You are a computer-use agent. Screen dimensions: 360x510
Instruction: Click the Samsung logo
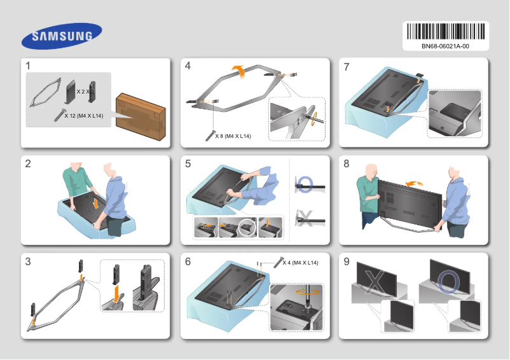(x=62, y=36)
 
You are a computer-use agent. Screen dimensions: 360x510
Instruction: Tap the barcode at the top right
(x=445, y=32)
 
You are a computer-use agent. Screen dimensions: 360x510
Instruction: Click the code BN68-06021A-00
(x=445, y=46)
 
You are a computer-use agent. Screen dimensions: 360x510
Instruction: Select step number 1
(x=28, y=66)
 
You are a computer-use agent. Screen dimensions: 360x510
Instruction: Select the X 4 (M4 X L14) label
(x=300, y=263)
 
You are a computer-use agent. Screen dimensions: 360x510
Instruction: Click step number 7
(x=346, y=66)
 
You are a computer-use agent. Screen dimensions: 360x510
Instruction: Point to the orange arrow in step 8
(x=415, y=183)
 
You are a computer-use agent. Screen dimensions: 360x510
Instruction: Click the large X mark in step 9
(x=375, y=280)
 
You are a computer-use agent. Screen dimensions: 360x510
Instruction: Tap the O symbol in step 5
(x=305, y=185)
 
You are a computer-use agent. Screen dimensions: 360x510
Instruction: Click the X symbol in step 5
(x=305, y=220)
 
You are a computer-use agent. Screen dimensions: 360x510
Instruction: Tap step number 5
(x=188, y=164)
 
